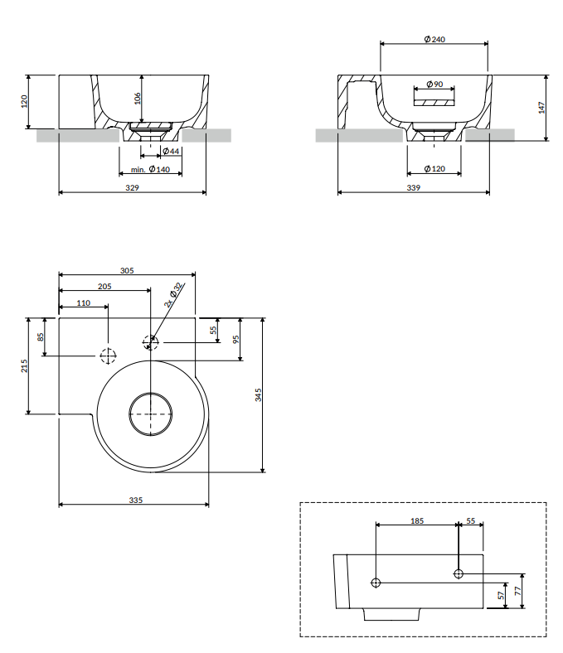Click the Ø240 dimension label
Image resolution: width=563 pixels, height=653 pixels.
pyautogui.click(x=434, y=39)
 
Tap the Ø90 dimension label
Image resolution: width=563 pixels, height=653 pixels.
pyautogui.click(x=434, y=85)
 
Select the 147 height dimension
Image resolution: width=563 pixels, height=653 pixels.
pyautogui.click(x=541, y=108)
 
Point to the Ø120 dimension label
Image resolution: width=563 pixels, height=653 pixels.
pyautogui.click(x=434, y=169)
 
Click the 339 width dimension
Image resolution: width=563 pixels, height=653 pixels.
pyautogui.click(x=414, y=188)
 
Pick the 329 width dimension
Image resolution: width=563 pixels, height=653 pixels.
pyautogui.click(x=132, y=188)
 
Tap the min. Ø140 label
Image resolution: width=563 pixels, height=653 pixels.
pyautogui.click(x=150, y=169)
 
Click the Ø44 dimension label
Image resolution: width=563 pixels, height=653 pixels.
pyautogui.click(x=171, y=151)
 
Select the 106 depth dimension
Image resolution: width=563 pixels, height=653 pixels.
pyautogui.click(x=138, y=99)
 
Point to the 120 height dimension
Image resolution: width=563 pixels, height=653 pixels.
pyautogui.click(x=24, y=101)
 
